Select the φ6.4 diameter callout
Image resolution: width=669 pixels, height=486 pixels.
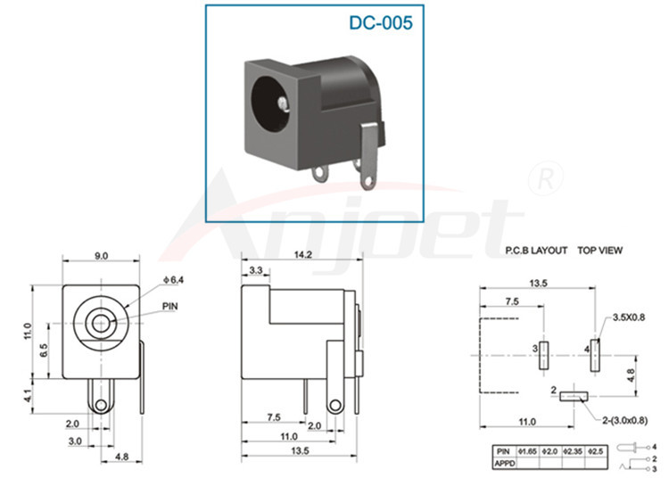pyautogui.click(x=173, y=280)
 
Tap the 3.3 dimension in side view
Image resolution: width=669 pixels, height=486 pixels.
pyautogui.click(x=256, y=269)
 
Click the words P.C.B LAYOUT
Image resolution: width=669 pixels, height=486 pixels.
pyautogui.click(x=535, y=251)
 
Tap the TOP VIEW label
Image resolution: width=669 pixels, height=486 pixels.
pyautogui.click(x=599, y=251)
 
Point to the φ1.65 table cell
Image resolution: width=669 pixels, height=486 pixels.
pyautogui.click(x=529, y=451)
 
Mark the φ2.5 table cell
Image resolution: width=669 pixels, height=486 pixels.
pyautogui.click(x=595, y=451)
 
